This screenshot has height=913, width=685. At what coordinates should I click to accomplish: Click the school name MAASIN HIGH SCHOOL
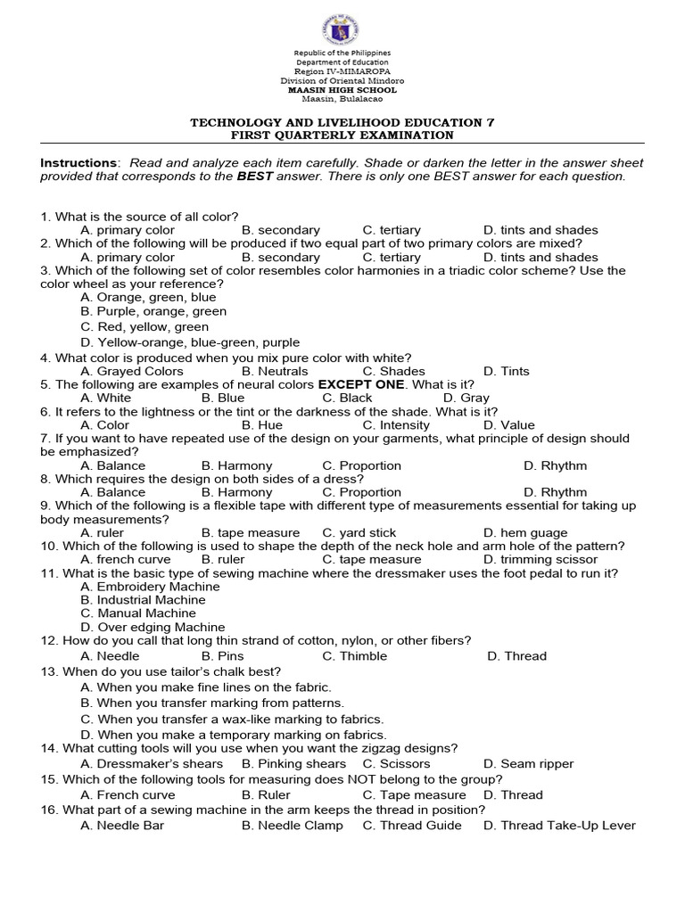[342, 90]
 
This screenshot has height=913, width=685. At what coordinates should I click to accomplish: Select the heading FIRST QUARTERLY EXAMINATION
[342, 136]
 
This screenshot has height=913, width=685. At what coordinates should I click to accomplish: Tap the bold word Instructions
[79, 163]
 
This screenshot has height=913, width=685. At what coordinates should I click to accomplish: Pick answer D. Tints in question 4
[506, 371]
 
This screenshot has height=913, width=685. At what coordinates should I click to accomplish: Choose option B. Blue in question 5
[222, 398]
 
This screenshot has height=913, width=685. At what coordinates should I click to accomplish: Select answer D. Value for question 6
[508, 425]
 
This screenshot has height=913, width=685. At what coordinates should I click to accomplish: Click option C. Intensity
[369, 425]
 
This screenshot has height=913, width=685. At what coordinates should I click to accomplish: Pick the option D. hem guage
[525, 532]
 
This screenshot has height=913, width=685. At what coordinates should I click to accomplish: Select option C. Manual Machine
[138, 613]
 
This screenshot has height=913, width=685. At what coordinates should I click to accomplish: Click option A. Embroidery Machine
[150, 587]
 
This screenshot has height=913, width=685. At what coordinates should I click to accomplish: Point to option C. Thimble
[355, 656]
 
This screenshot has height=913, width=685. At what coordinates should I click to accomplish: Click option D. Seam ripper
[529, 764]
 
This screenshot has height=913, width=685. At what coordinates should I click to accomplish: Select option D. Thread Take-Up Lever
[559, 826]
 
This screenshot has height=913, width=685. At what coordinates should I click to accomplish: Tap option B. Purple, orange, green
[153, 311]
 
